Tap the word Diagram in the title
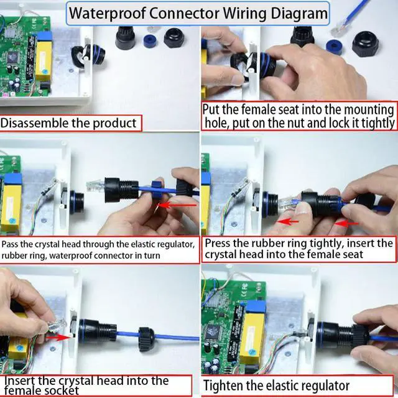coord(299,13)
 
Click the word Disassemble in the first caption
coord(35,123)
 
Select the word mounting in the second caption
coord(369,109)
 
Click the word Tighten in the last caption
coord(223,386)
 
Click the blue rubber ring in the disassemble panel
coord(150,41)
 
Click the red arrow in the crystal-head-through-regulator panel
coord(177,205)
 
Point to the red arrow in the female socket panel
coord(58,337)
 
